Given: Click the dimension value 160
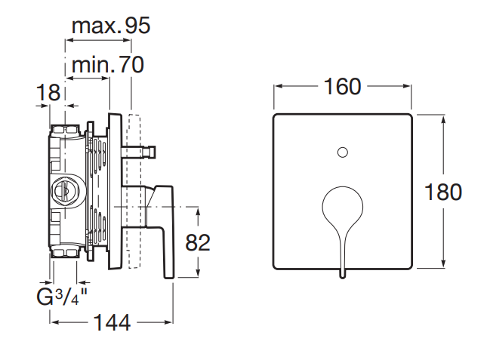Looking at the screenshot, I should pos(343,87).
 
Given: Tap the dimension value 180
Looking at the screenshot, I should pos(443,192).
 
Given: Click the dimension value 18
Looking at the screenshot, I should pos(48,93).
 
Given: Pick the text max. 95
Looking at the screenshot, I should pos(111,26).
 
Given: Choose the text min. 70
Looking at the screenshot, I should pos(107,65).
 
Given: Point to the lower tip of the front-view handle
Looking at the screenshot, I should pos(342,273).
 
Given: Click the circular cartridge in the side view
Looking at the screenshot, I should pos(63,192).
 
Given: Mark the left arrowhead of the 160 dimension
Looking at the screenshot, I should pos(276,87).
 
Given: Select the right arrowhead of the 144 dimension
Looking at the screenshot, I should pos(172,322).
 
